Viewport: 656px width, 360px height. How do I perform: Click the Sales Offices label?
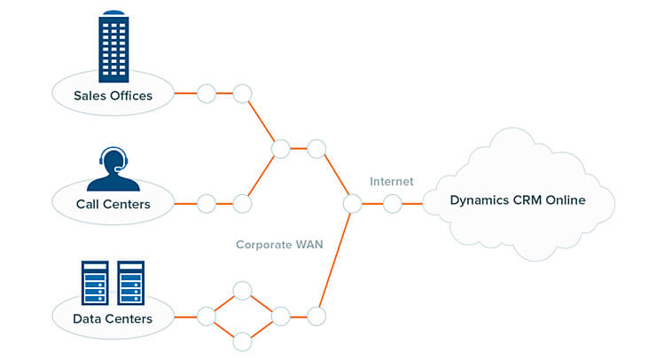coord(113,94)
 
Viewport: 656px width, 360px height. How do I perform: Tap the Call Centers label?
coord(113,205)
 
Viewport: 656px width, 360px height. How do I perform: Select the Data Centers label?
coord(113,317)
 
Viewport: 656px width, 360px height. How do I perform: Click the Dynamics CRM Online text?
coord(518,200)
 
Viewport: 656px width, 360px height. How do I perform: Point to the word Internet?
coord(392,182)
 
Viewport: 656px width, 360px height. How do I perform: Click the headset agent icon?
coord(113,169)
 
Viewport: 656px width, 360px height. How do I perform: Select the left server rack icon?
coord(94,282)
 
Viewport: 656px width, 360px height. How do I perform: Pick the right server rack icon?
coord(131,282)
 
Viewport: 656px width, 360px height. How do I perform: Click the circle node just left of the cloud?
coord(393,204)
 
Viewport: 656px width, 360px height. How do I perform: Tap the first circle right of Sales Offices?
coord(207,93)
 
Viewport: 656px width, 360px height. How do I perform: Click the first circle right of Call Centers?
coord(207,204)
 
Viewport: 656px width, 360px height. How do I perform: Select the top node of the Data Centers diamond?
coord(242,291)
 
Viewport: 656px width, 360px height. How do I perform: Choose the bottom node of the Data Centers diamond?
coord(242,340)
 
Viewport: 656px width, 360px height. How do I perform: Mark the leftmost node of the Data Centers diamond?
coord(207,316)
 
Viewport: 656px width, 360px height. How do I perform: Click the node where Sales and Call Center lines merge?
coord(281,149)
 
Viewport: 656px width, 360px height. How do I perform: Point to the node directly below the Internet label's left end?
coord(353,204)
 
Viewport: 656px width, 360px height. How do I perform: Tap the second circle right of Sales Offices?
coord(242,93)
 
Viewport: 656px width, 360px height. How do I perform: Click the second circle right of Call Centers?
coord(242,204)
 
